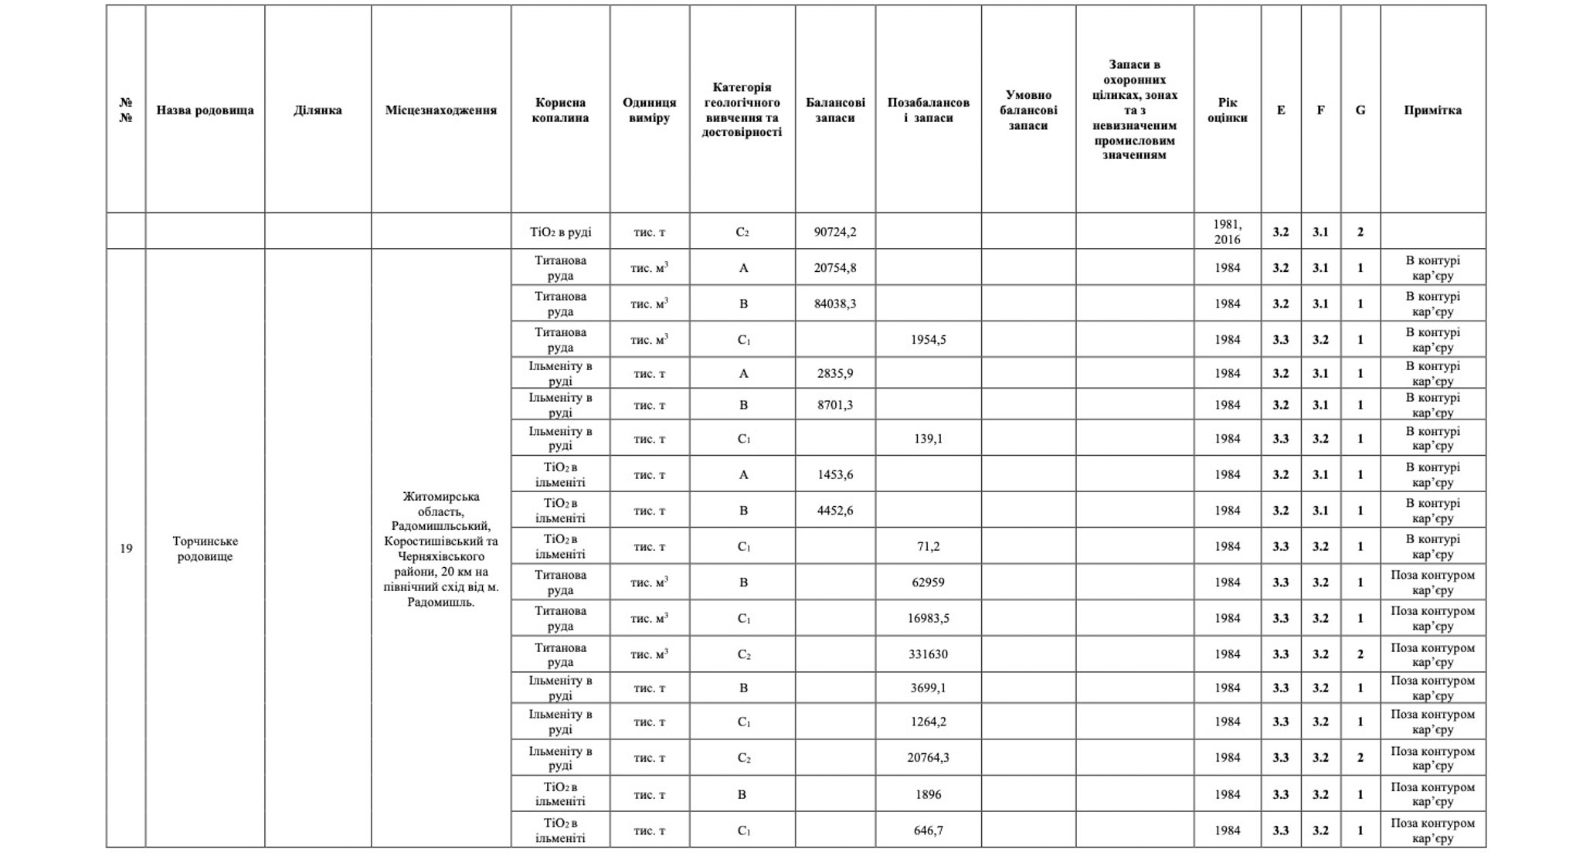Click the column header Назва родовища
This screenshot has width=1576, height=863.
tap(205, 110)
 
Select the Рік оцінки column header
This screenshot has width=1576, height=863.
tap(1227, 110)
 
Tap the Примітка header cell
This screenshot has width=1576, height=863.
tap(1432, 110)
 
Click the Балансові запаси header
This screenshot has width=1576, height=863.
tap(835, 110)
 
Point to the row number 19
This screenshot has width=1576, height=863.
tap(126, 549)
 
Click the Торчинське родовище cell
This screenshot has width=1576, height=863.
tap(205, 549)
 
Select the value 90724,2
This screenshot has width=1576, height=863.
tap(835, 232)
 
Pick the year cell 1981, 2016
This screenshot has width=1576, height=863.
tap(1227, 232)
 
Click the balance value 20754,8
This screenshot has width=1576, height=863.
tap(835, 268)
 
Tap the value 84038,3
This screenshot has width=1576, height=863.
tap(835, 304)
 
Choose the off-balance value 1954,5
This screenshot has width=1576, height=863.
tap(928, 340)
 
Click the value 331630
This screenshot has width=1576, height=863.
tap(928, 654)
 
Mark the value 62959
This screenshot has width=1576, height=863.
tap(928, 583)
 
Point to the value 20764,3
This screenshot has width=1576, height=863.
tap(928, 758)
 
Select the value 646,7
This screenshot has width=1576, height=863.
tap(928, 831)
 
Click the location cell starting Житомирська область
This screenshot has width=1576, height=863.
tap(440, 549)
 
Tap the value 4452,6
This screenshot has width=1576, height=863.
tap(835, 511)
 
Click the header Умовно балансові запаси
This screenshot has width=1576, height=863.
tap(1028, 110)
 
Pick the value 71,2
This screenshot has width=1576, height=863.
tap(928, 546)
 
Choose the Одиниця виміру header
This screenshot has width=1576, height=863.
tap(649, 110)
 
